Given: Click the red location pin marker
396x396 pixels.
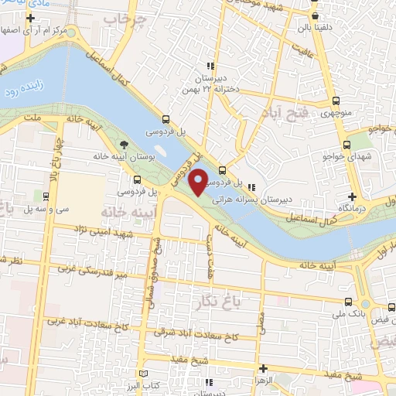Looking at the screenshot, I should (198, 181).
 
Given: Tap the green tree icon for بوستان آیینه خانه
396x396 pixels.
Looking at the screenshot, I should (125, 145).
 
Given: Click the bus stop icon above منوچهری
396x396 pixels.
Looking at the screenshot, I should (335, 100).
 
